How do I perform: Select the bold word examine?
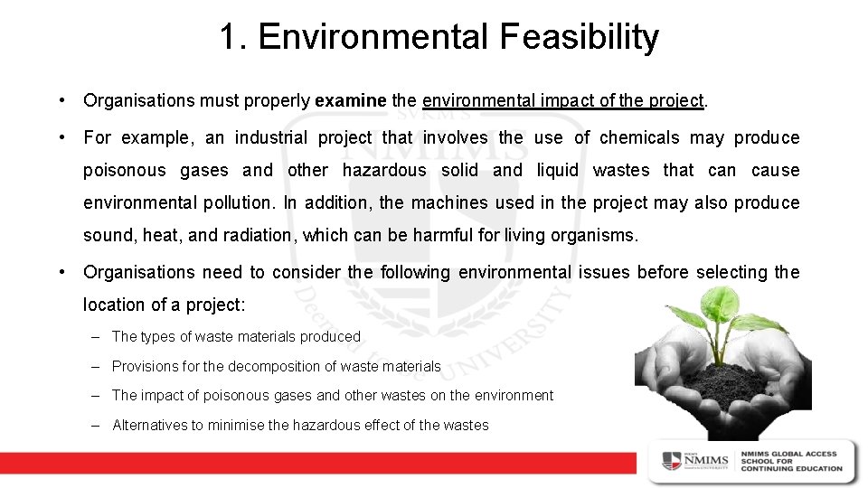point(351,100)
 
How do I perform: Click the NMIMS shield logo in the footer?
point(672,460)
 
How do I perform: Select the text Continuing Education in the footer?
point(791,468)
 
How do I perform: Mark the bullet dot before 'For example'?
point(59,137)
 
